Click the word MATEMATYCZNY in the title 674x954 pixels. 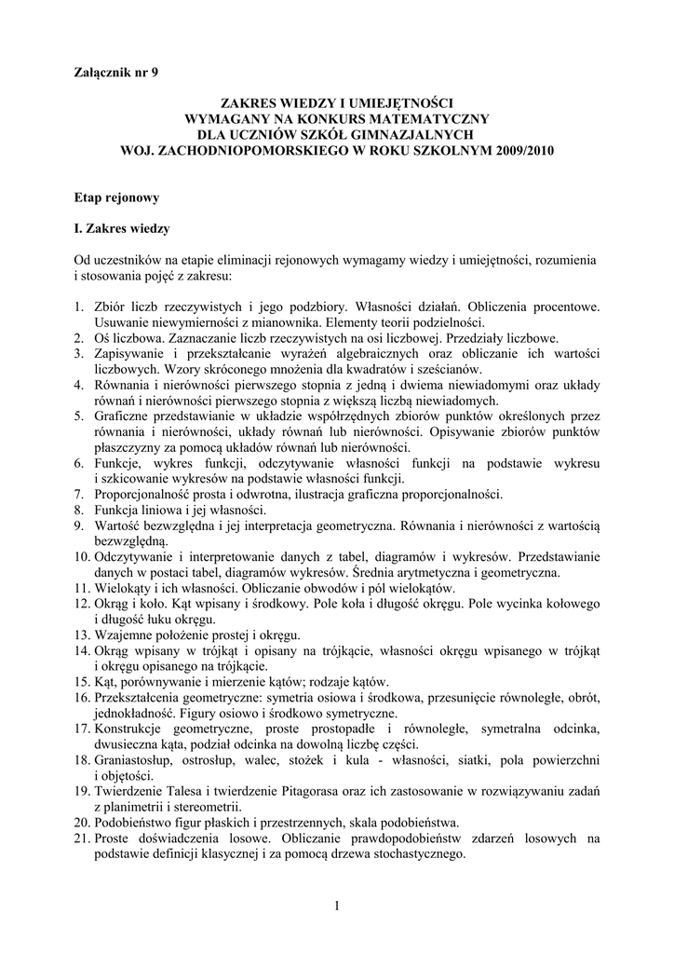pos(409,119)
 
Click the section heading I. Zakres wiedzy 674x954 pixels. pos(122,227)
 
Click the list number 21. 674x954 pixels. pos(81,838)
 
